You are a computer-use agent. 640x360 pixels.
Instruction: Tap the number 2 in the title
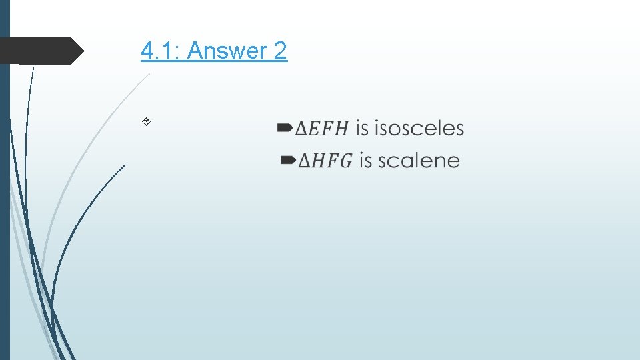tap(280, 51)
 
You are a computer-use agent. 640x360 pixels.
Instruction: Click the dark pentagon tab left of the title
tap(40, 51)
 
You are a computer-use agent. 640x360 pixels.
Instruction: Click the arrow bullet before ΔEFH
tap(284, 126)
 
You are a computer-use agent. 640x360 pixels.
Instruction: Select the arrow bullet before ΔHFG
tap(287, 159)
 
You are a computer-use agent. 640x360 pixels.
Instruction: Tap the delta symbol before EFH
tap(301, 129)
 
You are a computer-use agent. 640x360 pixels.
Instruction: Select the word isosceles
tap(419, 128)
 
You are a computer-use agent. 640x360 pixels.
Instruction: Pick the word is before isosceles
tap(362, 128)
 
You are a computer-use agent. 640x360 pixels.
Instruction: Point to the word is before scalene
tap(365, 161)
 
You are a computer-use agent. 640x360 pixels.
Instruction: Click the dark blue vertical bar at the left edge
tap(4, 200)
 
